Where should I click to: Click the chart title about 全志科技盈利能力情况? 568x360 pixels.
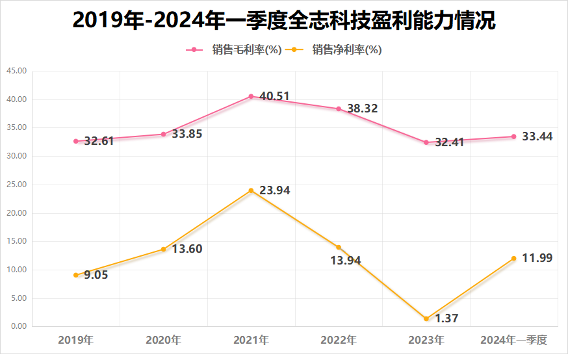coord(284,21)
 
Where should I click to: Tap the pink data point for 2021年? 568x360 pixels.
coord(251,96)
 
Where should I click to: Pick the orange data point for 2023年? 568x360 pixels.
coord(426,318)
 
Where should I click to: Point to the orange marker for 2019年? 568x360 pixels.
coord(76,275)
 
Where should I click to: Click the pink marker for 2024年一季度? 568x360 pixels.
coord(514,136)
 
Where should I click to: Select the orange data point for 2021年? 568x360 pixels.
coord(251,190)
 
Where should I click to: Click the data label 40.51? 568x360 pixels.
coord(274,96)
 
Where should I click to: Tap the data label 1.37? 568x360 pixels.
coord(448,318)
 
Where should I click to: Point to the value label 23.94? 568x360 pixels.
coord(274,191)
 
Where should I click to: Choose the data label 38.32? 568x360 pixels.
coord(362,109)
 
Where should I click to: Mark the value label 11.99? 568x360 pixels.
coord(537,259)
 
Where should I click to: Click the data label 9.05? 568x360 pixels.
coord(95,275)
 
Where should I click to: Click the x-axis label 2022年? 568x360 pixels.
coord(339,340)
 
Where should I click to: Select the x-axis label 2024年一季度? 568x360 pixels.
coord(514,340)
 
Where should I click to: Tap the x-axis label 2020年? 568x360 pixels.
coord(163,340)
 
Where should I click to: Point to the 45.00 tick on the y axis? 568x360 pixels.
coord(16,71)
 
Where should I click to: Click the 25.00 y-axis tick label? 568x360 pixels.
coord(16,185)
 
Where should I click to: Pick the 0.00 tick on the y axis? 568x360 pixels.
coord(18,326)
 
